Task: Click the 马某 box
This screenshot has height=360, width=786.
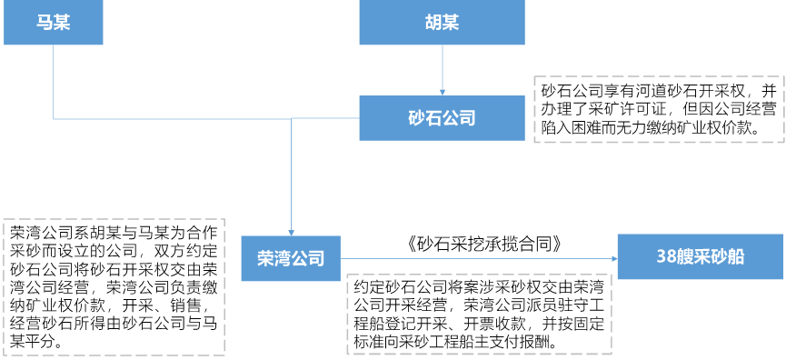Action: pyautogui.click(x=53, y=23)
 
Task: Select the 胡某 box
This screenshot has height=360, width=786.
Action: pyautogui.click(x=442, y=23)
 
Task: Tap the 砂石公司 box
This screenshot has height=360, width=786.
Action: pyautogui.click(x=442, y=118)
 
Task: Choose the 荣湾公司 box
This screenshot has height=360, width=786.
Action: pyautogui.click(x=291, y=258)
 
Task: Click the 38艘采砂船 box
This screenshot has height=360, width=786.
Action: pyautogui.click(x=700, y=256)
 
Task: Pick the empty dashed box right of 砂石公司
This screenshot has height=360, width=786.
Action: pyautogui.click(x=659, y=109)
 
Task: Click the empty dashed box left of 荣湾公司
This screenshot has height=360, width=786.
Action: pyautogui.click(x=114, y=286)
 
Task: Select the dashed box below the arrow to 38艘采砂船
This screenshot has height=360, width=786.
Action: pyautogui.click(x=480, y=314)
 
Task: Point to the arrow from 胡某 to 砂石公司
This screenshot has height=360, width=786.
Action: pyautogui.click(x=443, y=68)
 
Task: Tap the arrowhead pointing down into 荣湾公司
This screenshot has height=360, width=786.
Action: pyautogui.click(x=292, y=232)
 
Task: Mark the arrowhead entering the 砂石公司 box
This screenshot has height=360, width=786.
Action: pyautogui.click(x=443, y=91)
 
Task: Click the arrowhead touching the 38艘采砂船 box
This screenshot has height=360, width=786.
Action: pyautogui.click(x=613, y=258)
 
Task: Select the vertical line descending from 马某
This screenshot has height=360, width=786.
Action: pyautogui.click(x=53, y=82)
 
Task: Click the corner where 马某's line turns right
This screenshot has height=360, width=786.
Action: pyautogui.click(x=53, y=118)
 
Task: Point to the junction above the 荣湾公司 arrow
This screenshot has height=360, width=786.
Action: pyautogui.click(x=292, y=118)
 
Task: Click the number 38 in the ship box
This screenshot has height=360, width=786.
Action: pyautogui.click(x=666, y=256)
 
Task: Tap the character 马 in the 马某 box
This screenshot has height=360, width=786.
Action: pyautogui.click(x=44, y=23)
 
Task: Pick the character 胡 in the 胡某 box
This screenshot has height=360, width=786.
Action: pyautogui.click(x=433, y=23)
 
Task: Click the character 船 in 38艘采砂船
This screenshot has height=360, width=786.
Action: pyautogui.click(x=735, y=256)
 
